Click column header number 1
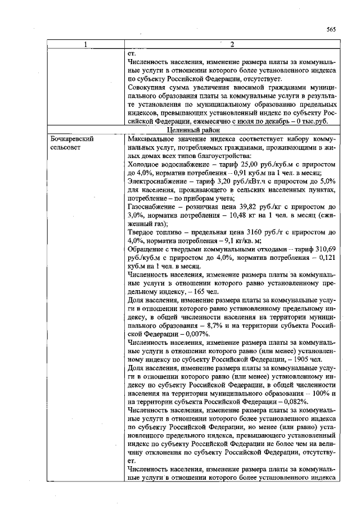coord(85,44)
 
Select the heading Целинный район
coord(231,130)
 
